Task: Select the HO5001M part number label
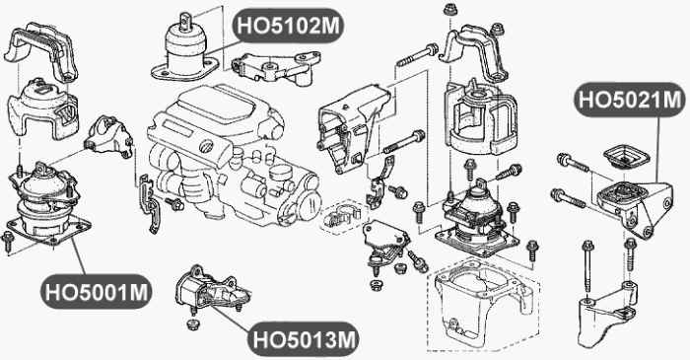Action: pos(96,292)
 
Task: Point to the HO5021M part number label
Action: pos(630,101)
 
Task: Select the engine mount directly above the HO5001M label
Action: pos(44,202)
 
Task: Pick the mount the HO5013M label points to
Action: pos(208,292)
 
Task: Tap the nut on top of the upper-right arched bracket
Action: pos(449,10)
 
